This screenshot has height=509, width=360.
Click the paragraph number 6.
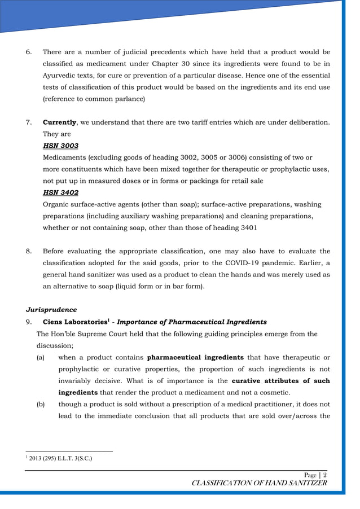click(x=29, y=52)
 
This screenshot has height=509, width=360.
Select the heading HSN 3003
click(x=60, y=146)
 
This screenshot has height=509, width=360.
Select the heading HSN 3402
click(x=60, y=192)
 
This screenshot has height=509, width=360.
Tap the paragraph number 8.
click(x=29, y=251)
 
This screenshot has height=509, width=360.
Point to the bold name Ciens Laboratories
click(x=75, y=322)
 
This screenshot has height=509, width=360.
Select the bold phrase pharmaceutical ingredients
click(x=195, y=357)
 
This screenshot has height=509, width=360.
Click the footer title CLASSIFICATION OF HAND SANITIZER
click(x=259, y=483)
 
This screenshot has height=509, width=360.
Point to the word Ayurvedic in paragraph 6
click(x=62, y=76)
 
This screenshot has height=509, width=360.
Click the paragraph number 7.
click(x=29, y=122)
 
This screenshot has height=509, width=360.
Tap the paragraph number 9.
click(x=29, y=322)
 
